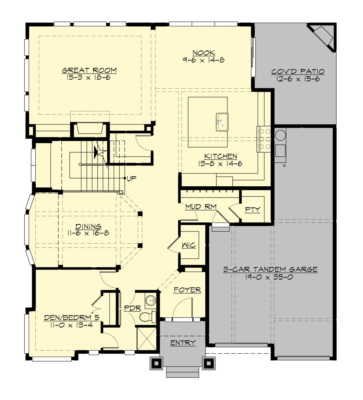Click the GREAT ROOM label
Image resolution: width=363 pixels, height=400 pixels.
pyautogui.click(x=89, y=70)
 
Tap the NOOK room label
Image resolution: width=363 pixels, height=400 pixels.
pyautogui.click(x=204, y=53)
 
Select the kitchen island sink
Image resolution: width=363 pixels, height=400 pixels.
pyautogui.click(x=222, y=122)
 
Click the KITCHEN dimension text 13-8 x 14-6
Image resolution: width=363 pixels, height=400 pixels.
pyautogui.click(x=221, y=164)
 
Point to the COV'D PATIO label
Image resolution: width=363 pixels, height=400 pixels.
pyautogui.click(x=298, y=72)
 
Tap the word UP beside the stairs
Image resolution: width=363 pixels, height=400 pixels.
pyautogui.click(x=132, y=179)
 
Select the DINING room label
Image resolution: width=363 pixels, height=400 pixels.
pyautogui.click(x=88, y=226)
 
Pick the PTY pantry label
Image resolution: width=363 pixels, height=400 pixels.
pyautogui.click(x=253, y=210)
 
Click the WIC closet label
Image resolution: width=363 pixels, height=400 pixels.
pyautogui.click(x=189, y=245)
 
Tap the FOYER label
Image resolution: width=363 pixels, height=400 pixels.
pyautogui.click(x=187, y=290)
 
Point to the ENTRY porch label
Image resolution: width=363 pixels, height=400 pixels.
pyautogui.click(x=183, y=343)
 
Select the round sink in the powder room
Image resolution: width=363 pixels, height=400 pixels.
pyautogui.click(x=150, y=301)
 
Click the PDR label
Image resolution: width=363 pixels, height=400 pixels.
pyautogui.click(x=132, y=308)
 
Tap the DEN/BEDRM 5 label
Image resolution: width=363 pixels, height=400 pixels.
pyautogui.click(x=72, y=318)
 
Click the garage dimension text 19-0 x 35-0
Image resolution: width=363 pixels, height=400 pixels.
pyautogui.click(x=269, y=277)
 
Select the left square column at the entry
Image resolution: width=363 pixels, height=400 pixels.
pyautogui.click(x=157, y=363)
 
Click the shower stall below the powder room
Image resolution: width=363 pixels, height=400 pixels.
pyautogui.click(x=146, y=339)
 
